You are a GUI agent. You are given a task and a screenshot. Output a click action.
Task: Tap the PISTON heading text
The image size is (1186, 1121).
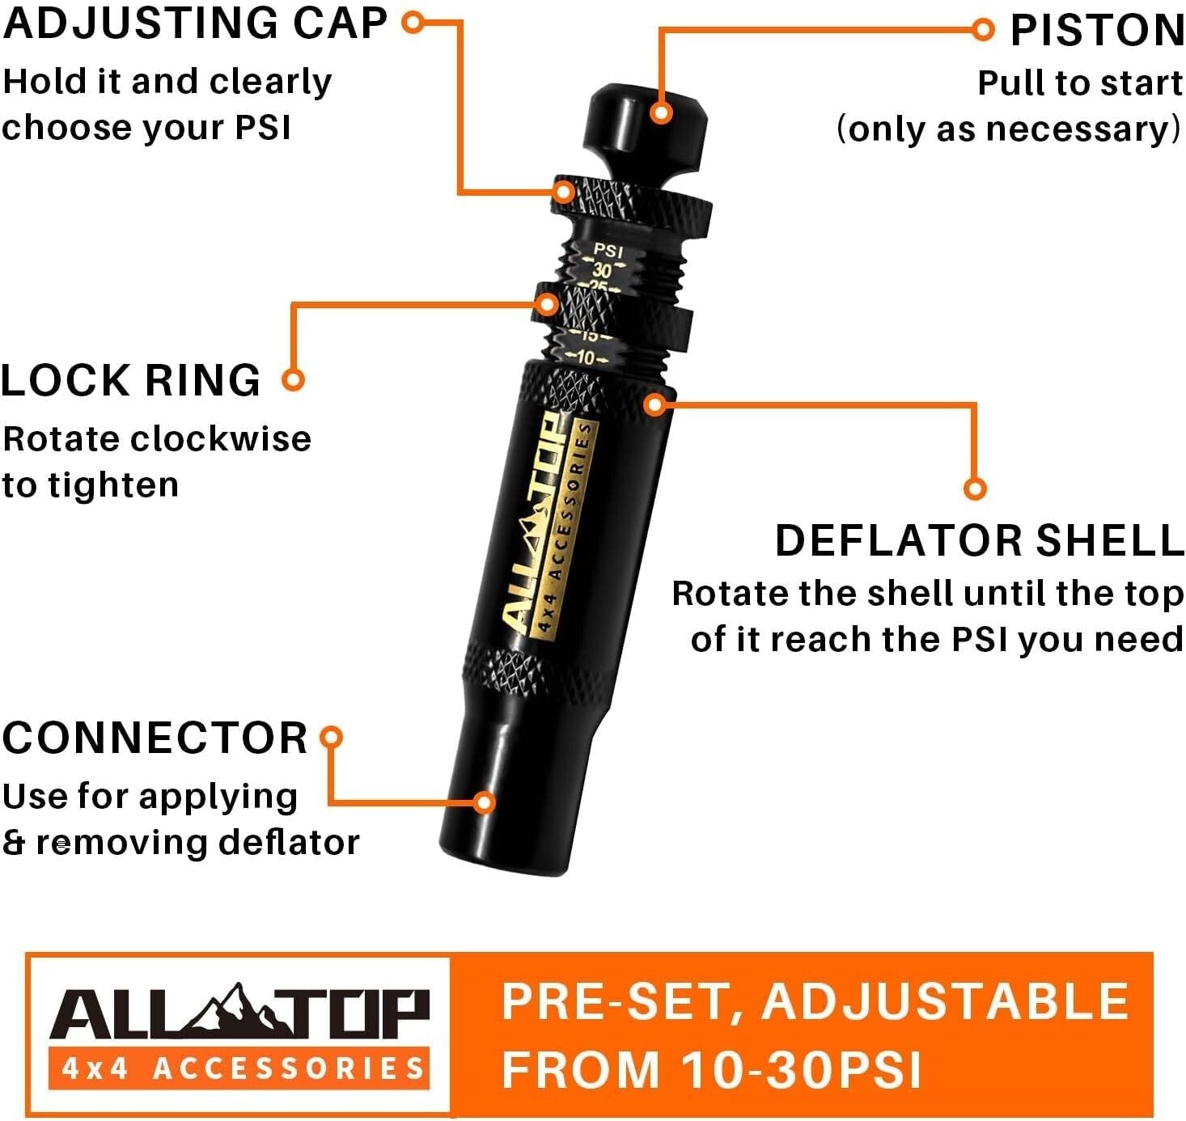pos(1097,31)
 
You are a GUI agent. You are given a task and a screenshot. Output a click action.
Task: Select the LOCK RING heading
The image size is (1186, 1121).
pos(131,380)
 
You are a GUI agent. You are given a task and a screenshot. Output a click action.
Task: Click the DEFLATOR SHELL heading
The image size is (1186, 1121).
pos(979,540)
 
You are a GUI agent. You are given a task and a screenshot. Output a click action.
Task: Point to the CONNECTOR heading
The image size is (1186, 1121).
pos(155,738)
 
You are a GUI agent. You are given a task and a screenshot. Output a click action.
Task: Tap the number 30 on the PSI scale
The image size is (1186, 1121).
pos(602,270)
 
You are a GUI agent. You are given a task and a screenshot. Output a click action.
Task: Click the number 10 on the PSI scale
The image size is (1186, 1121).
pos(585,357)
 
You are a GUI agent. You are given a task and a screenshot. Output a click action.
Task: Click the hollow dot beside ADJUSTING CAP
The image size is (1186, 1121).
pos(413,22)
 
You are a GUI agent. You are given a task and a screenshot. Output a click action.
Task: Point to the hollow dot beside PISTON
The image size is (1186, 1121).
pos(982,30)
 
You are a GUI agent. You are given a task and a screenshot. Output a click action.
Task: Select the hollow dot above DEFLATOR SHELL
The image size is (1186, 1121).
pos(975,489)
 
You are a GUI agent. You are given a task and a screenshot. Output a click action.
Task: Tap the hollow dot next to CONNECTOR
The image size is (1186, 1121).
pos(331,737)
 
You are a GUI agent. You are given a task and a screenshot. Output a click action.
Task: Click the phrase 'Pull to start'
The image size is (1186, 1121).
pos(1079,82)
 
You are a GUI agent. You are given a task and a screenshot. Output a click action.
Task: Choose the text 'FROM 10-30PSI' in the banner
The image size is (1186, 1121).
pos(712,1069)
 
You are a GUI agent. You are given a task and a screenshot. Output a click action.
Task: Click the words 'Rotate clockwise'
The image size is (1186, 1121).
pos(157,438)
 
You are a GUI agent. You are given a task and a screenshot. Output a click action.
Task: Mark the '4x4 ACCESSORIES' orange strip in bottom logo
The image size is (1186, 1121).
pos(240,1068)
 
